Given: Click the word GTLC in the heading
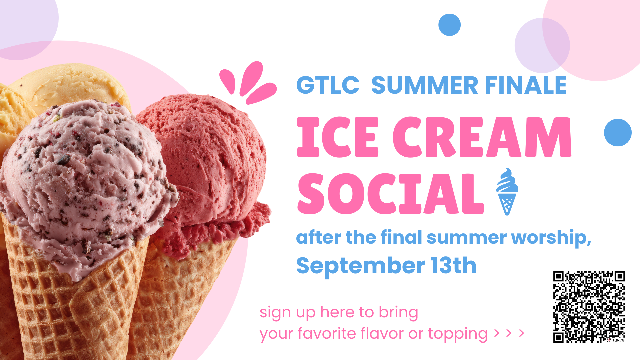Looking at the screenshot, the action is [328, 85].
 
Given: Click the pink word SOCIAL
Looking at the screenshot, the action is [390, 194].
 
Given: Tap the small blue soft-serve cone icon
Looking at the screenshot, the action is [507, 191].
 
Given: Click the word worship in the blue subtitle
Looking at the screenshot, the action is [551, 238].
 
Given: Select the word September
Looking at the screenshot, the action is [361, 266].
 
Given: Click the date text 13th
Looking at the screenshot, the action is [453, 265].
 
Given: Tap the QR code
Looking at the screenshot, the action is [589, 307].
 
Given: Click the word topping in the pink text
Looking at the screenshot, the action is [458, 334].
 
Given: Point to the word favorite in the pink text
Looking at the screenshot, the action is [327, 333].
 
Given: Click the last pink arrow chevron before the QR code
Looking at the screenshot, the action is [521, 333].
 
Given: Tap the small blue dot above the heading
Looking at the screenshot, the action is [449, 25].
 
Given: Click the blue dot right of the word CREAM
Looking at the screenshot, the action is [618, 132].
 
